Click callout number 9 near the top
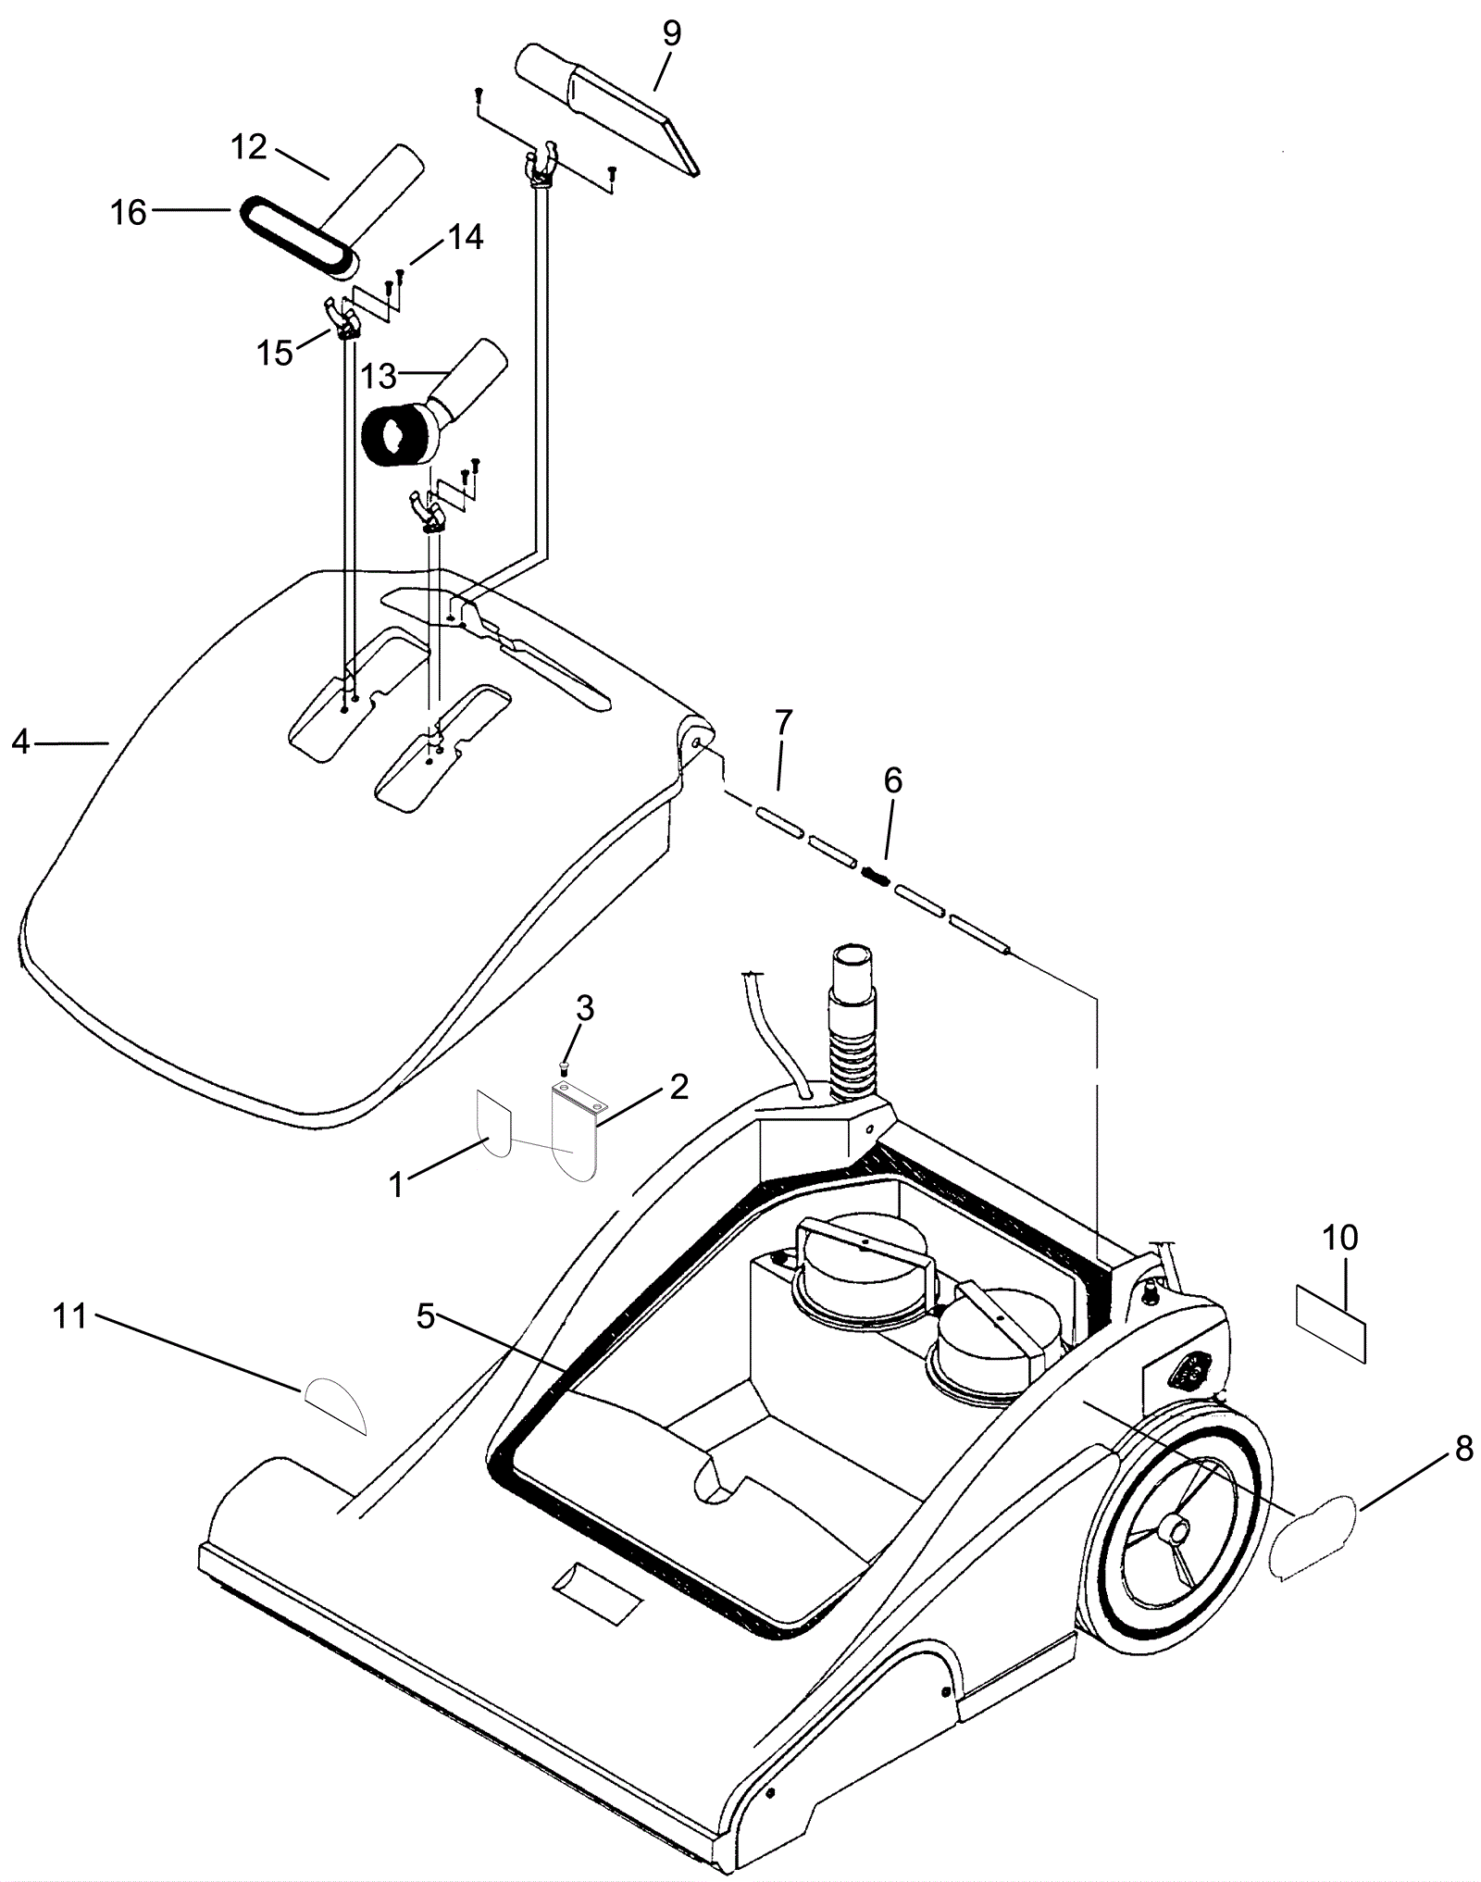point(671,34)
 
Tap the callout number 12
point(248,146)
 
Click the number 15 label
point(275,353)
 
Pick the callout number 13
point(378,376)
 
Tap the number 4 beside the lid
point(20,742)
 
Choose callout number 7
point(783,721)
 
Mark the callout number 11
point(69,1315)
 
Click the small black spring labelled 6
point(875,875)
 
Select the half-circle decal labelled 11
point(336,1404)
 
